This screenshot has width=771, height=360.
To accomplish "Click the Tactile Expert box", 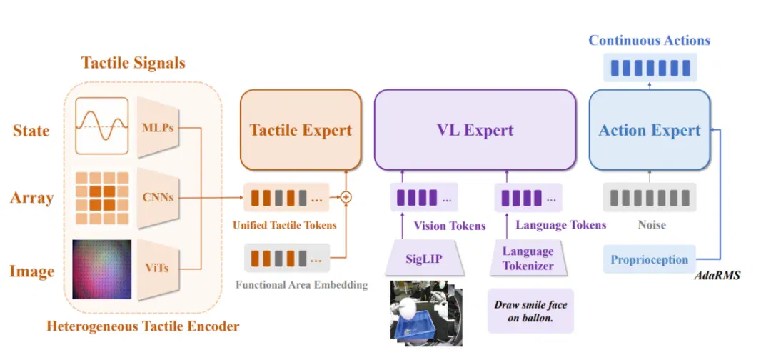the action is click(x=301, y=130).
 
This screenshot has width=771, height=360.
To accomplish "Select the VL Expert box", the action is click(x=475, y=130).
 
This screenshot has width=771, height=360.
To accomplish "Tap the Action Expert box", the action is click(x=650, y=130).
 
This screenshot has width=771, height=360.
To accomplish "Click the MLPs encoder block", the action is click(x=157, y=127).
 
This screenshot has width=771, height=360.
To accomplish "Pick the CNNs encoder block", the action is click(x=157, y=198).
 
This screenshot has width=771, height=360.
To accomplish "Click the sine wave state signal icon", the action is click(x=102, y=126).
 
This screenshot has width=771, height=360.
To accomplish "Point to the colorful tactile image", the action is click(x=102, y=269).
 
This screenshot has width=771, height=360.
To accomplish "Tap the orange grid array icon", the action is click(x=102, y=198).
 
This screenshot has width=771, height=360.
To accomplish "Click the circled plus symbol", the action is click(x=347, y=197).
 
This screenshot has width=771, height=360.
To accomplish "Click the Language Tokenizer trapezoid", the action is click(x=528, y=259).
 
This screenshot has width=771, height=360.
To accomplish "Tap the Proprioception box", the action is click(x=650, y=259).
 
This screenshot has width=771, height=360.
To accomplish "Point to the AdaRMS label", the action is click(x=717, y=276).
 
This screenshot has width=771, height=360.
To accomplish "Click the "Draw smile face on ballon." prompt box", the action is click(x=530, y=311).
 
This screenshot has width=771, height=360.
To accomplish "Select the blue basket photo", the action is click(x=425, y=313).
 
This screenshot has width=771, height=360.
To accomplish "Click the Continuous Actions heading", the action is click(x=650, y=40).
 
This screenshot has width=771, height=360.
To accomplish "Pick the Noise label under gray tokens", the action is click(x=652, y=225).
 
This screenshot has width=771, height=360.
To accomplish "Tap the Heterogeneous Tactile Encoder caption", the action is click(x=143, y=326).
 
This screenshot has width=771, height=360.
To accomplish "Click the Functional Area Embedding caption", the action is click(x=301, y=284).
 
